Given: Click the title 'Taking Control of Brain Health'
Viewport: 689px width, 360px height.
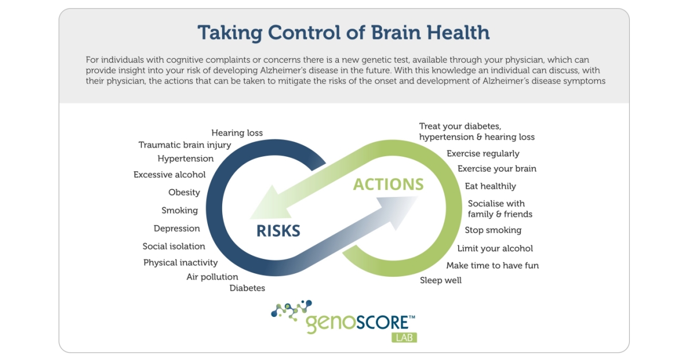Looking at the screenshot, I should [343, 32].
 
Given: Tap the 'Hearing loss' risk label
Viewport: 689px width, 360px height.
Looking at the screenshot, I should [237, 133].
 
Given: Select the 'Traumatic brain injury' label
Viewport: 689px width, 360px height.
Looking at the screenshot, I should [185, 145].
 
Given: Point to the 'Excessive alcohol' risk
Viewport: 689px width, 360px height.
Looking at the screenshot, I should [169, 175].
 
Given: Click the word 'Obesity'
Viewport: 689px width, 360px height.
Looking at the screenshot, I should [184, 192].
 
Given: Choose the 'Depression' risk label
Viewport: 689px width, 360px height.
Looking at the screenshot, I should [177, 229].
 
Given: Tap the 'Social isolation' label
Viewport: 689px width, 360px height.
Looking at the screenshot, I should [174, 246].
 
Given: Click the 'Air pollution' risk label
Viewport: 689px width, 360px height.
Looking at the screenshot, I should [212, 277].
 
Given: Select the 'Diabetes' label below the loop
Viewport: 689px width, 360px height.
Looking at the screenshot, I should [247, 288].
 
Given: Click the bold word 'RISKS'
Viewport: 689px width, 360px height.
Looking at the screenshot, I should [278, 231].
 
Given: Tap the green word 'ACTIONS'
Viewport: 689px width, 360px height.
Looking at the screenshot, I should [388, 184].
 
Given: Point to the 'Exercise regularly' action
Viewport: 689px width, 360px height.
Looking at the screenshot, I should [483, 153].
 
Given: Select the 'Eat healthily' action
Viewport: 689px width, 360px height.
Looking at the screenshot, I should [490, 186].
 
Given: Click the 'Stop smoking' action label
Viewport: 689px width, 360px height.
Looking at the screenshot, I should [493, 230].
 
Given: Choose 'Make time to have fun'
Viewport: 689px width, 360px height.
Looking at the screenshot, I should [493, 265].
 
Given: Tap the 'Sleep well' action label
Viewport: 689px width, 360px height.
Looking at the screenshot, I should [441, 280].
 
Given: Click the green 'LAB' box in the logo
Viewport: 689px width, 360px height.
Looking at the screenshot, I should [404, 337].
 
